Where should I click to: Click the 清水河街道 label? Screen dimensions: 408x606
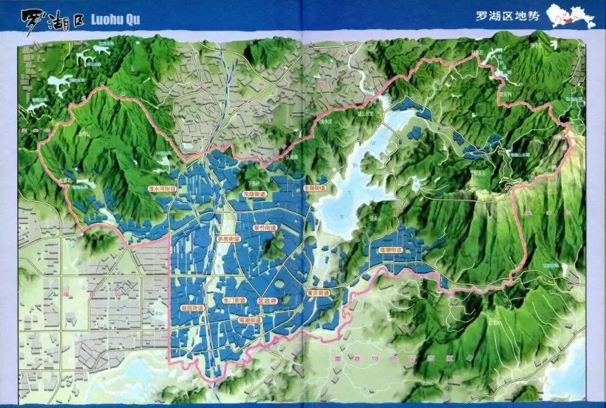click(163, 188)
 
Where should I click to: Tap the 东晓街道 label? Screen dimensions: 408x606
click(255, 195)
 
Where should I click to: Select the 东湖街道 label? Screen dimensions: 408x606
click(315, 187)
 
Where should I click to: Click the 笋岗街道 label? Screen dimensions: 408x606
click(228, 239)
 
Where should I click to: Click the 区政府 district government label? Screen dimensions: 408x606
click(267, 302)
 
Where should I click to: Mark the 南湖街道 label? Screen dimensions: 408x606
click(249, 321)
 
